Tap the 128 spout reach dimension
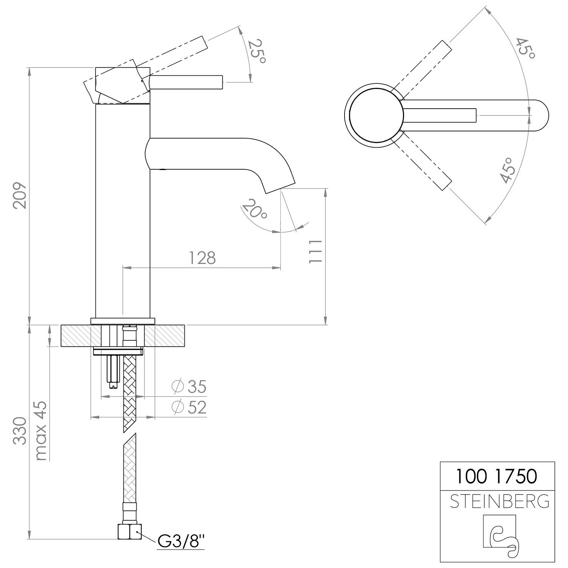point(202,258)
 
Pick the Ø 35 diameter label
point(188,387)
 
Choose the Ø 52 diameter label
point(188,407)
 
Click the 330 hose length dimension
point(20,431)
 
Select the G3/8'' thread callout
point(181,542)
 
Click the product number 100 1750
point(496,476)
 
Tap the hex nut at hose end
point(130,531)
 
